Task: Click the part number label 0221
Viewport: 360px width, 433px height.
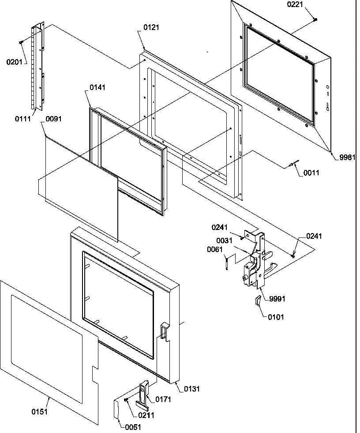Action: click(x=295, y=5)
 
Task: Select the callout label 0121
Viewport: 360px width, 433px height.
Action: click(x=152, y=27)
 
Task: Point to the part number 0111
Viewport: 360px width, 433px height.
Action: click(x=22, y=119)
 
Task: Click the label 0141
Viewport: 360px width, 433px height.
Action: click(x=98, y=88)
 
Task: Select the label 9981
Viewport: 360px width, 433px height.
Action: click(x=347, y=157)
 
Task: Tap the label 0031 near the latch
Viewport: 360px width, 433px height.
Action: click(x=225, y=240)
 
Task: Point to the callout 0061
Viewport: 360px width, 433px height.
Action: click(x=215, y=249)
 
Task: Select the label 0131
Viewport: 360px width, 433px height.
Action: click(x=191, y=388)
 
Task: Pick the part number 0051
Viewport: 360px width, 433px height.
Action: click(x=134, y=426)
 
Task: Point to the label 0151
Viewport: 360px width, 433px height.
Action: click(x=39, y=412)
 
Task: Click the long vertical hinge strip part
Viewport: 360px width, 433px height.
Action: click(x=38, y=66)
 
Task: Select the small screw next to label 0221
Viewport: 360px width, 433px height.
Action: click(x=316, y=19)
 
